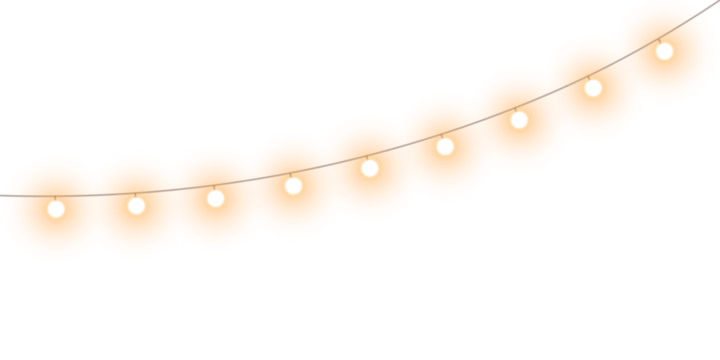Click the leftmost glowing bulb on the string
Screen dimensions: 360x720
pyautogui.click(x=56, y=209)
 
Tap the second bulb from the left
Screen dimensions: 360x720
pyautogui.click(x=136, y=205)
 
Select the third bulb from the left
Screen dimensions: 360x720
pyautogui.click(x=215, y=198)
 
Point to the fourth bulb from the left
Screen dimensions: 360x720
pyautogui.click(x=293, y=185)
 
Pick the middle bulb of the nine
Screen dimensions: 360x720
pyautogui.click(x=369, y=168)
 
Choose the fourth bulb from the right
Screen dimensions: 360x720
pyautogui.click(x=445, y=147)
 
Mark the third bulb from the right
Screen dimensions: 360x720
pyautogui.click(x=519, y=120)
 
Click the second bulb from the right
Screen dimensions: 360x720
pyautogui.click(x=593, y=88)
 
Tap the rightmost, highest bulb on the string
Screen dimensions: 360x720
pyautogui.click(x=664, y=51)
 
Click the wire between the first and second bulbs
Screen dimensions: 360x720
pyautogui.click(x=96, y=194)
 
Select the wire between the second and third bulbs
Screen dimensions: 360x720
pyautogui.click(x=176, y=189)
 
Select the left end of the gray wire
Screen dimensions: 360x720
pyautogui.click(x=3, y=195)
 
